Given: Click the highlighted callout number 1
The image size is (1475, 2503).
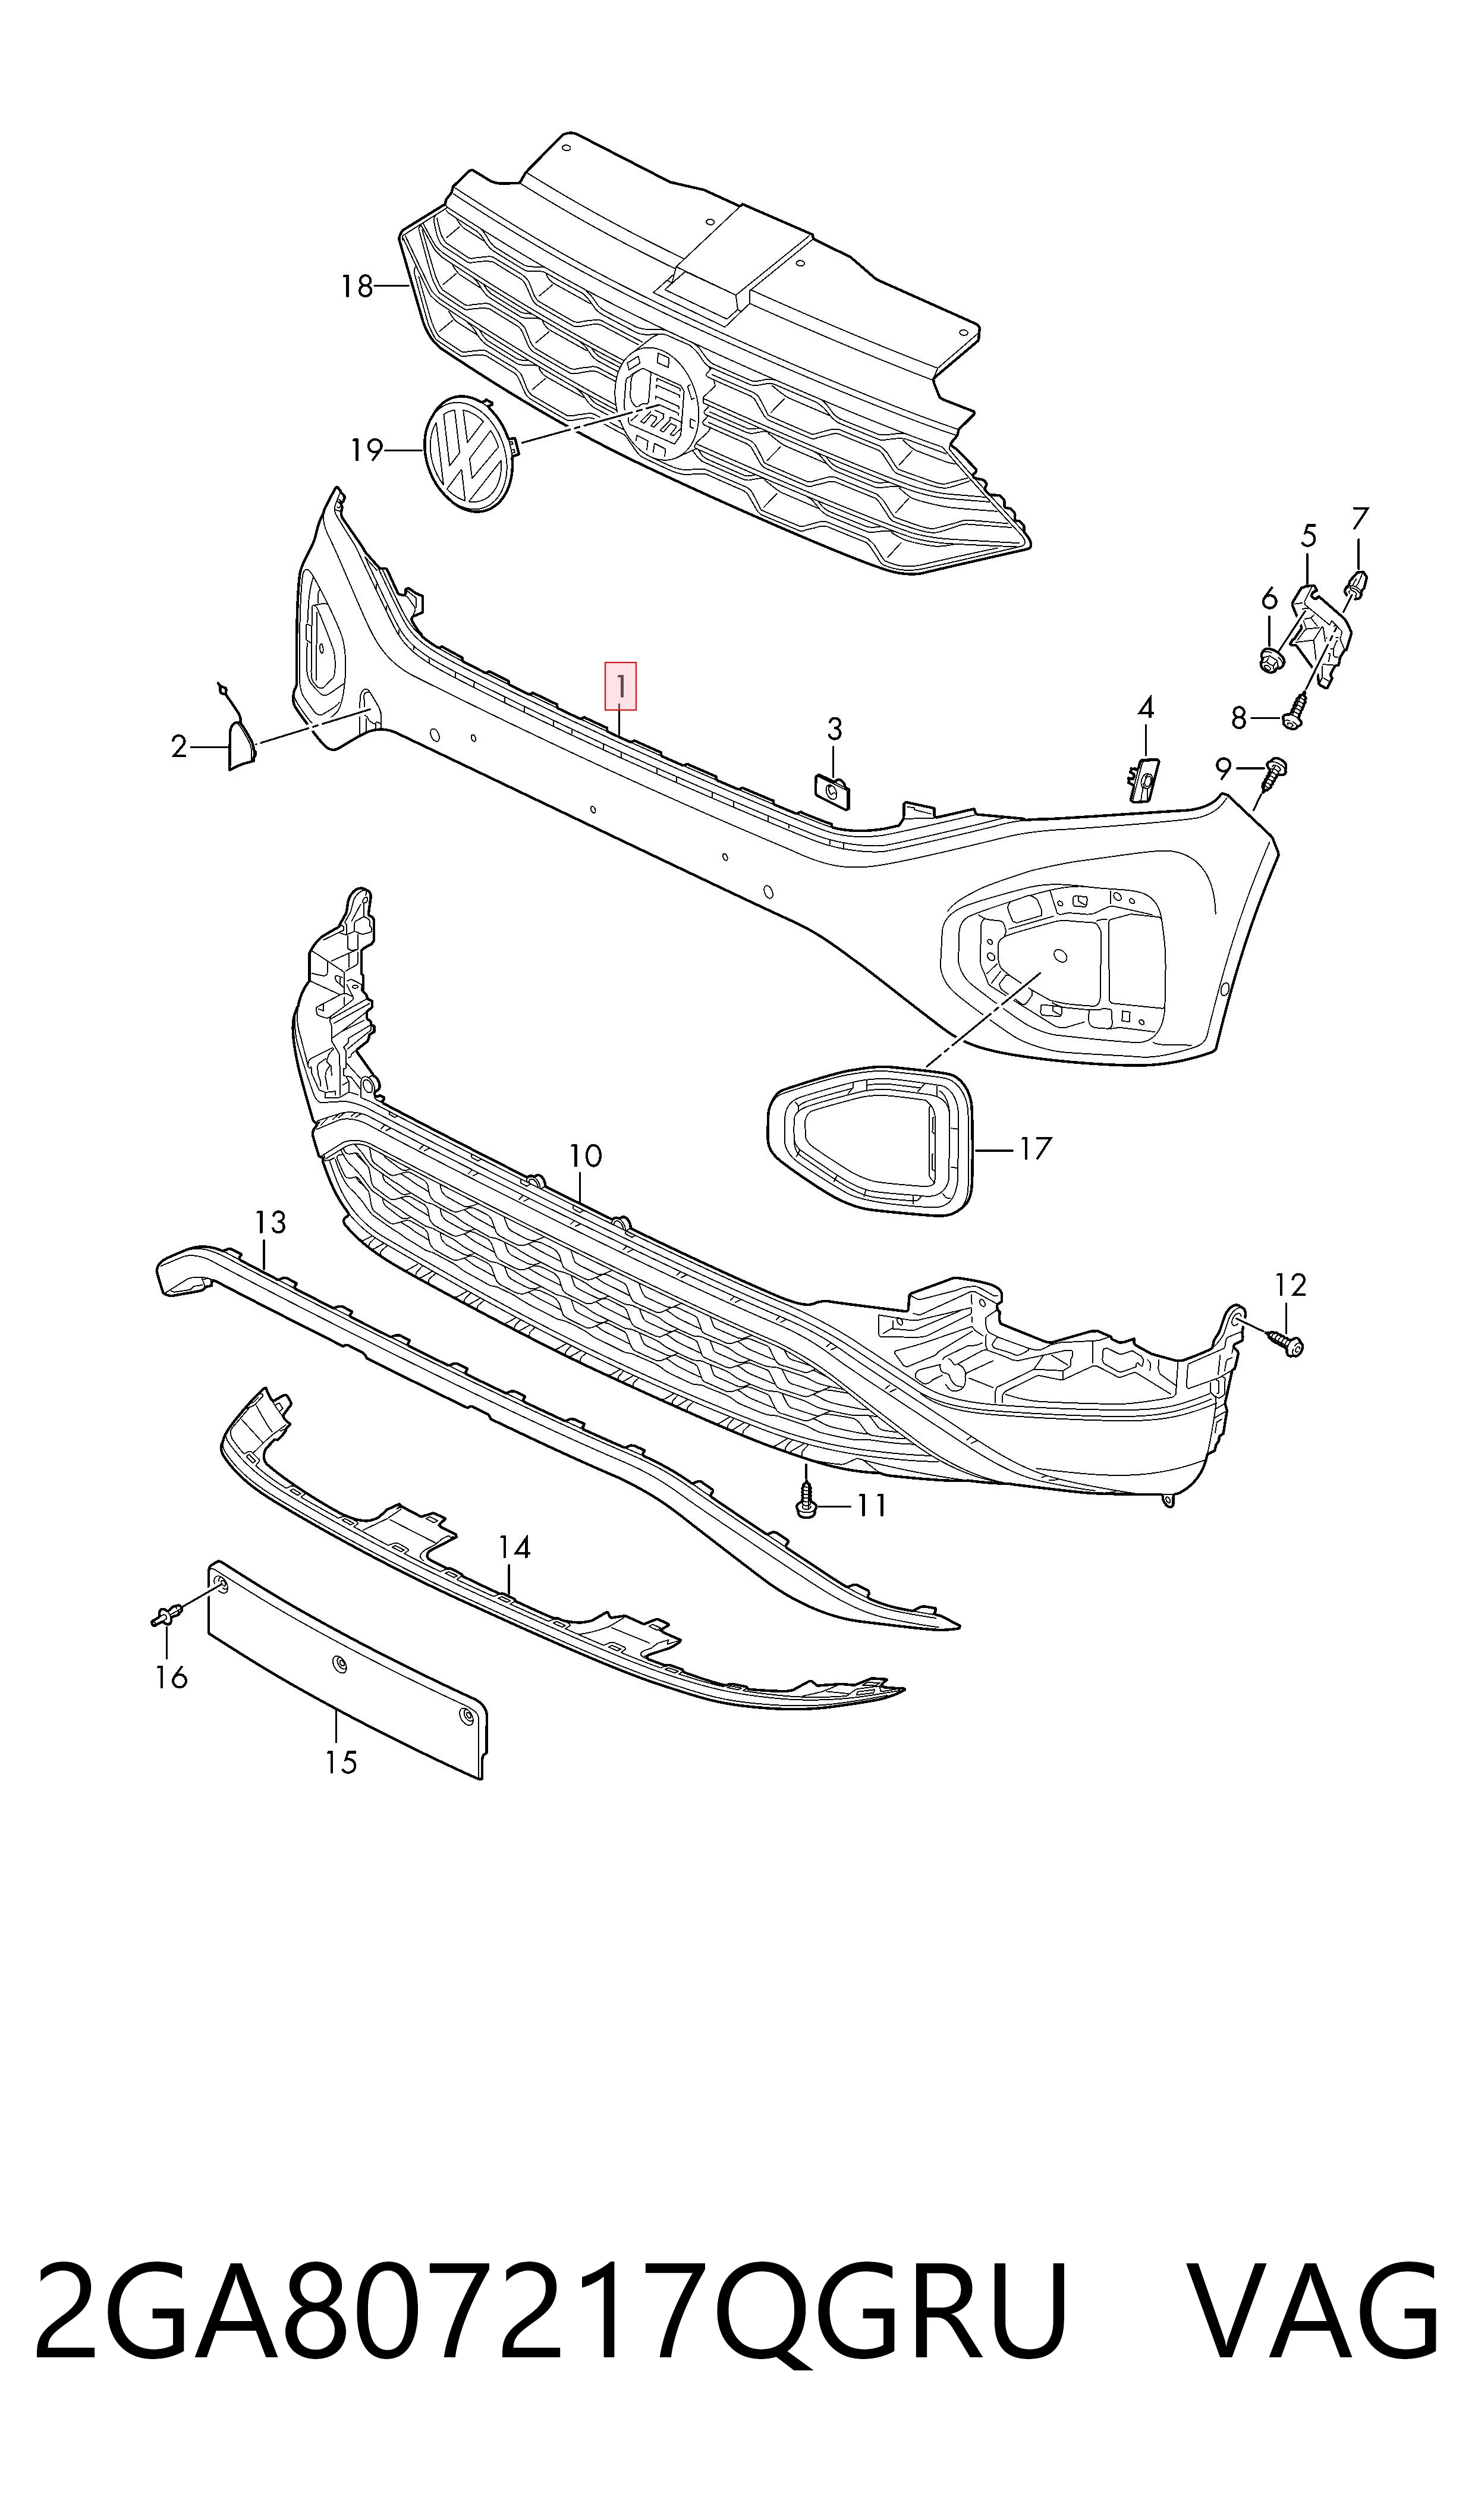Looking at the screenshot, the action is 620,686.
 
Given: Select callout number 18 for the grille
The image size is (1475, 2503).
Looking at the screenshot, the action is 357,287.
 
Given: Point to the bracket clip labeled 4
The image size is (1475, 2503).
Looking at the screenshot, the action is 1143,777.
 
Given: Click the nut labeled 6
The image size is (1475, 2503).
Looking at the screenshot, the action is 1269,658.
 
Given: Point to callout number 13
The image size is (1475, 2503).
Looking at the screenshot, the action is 271,1221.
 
